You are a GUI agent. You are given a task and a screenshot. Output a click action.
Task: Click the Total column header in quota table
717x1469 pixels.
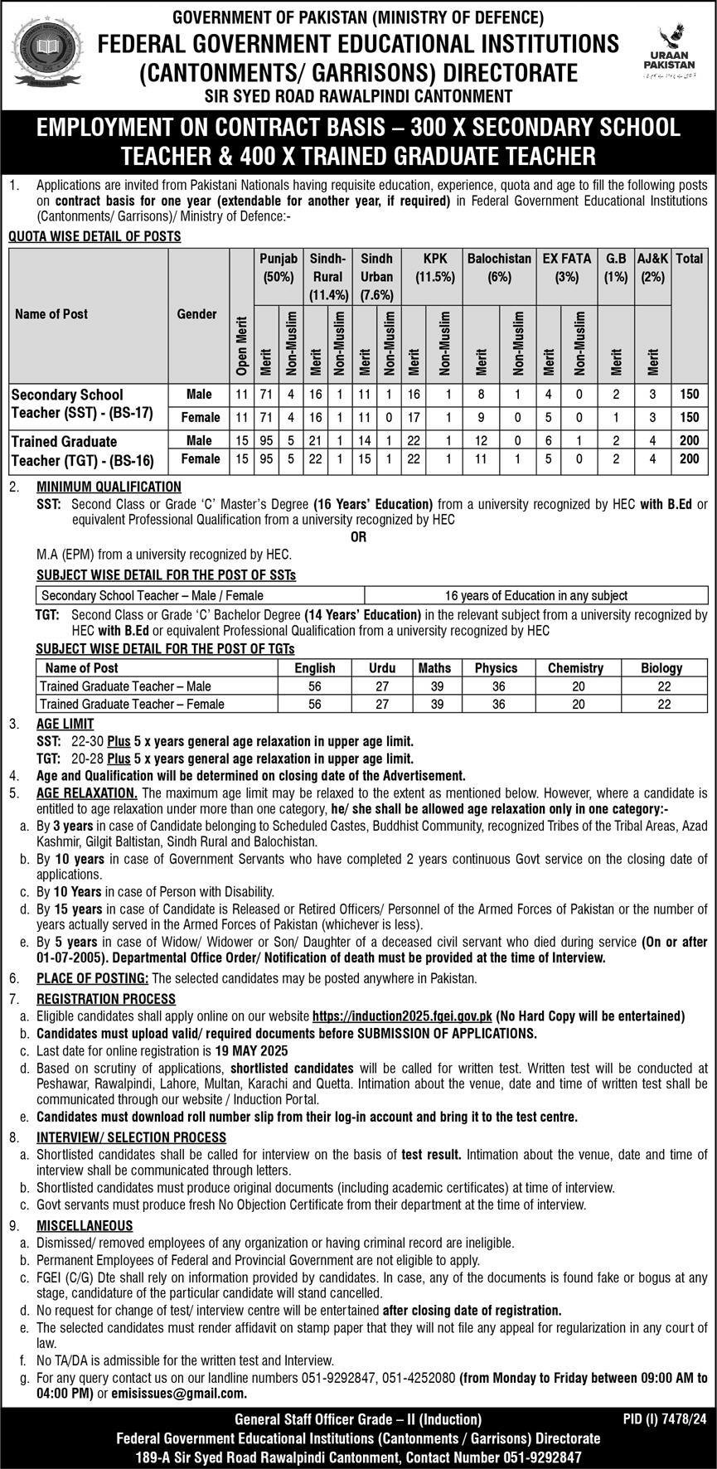(689, 259)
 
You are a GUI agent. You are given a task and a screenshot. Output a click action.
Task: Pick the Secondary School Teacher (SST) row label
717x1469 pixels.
(82, 404)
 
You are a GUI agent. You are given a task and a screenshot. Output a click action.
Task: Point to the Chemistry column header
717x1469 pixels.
(575, 667)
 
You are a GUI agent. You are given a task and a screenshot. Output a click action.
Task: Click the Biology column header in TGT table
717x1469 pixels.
(661, 667)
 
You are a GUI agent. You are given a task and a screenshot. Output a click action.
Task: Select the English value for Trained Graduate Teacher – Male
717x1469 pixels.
(314, 686)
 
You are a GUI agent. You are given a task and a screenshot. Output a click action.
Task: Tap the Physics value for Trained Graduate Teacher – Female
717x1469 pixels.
(496, 704)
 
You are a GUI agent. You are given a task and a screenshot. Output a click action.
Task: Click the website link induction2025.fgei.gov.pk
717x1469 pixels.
(402, 1016)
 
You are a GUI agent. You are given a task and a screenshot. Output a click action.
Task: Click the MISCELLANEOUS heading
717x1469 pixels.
(84, 1225)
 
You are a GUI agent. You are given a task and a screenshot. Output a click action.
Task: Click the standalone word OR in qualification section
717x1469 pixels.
(358, 537)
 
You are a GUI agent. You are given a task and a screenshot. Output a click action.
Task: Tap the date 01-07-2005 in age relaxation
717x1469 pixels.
(70, 958)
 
